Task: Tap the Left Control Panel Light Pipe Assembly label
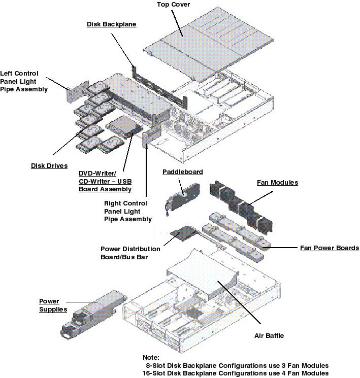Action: pyautogui.click(x=24, y=81)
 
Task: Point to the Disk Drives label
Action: pyautogui.click(x=49, y=165)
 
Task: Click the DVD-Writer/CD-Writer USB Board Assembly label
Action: pyautogui.click(x=105, y=181)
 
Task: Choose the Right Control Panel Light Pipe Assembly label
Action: pyautogui.click(x=127, y=211)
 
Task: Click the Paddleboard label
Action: pyautogui.click(x=182, y=172)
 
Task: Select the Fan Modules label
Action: pyautogui.click(x=277, y=182)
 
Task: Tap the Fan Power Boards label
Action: pyautogui.click(x=329, y=248)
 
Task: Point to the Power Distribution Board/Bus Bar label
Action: pyautogui.click(x=130, y=253)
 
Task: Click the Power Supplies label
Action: pyautogui.click(x=53, y=305)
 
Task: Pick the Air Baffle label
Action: pyautogui.click(x=269, y=335)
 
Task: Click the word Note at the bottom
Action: pyautogui.click(x=151, y=357)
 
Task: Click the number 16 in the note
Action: pyautogui.click(x=148, y=373)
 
